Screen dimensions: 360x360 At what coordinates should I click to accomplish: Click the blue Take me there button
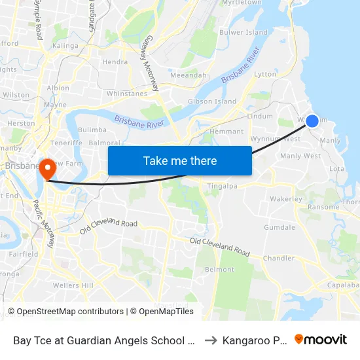(x=179, y=160)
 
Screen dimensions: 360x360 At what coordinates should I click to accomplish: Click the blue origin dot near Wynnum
(x=312, y=120)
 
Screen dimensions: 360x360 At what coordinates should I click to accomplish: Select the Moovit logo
(x=321, y=340)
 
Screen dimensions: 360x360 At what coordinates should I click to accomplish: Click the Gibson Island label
(x=212, y=101)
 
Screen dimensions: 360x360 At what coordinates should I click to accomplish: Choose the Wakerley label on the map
(x=286, y=199)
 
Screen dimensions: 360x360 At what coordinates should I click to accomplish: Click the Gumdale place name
(x=279, y=227)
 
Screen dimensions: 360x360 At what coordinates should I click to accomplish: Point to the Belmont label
(x=219, y=269)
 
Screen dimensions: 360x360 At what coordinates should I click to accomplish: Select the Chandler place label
(x=279, y=258)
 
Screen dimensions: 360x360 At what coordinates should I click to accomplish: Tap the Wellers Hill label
(x=73, y=285)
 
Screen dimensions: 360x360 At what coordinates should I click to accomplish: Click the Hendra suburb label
(x=115, y=62)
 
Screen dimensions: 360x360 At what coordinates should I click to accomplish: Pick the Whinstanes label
(x=126, y=94)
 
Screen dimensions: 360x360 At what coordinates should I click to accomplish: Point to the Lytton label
(x=265, y=74)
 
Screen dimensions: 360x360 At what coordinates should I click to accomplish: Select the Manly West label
(x=300, y=156)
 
